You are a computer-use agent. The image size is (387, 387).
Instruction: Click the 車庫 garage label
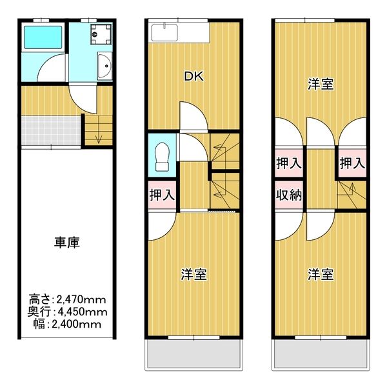(x=67, y=243)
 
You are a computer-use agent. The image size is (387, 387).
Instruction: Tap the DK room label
(x=194, y=76)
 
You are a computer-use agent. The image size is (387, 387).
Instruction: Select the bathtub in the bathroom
(x=43, y=37)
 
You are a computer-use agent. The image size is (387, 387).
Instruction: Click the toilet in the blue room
(x=162, y=157)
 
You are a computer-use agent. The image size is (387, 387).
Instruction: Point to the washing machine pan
(x=101, y=34)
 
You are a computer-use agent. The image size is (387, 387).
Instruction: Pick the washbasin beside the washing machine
(x=104, y=66)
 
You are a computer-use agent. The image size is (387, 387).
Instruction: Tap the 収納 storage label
(x=289, y=195)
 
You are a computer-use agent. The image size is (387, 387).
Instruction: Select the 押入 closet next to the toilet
(x=162, y=195)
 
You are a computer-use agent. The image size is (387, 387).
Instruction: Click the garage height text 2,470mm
(x=81, y=300)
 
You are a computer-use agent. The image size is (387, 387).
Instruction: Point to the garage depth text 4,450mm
(x=83, y=312)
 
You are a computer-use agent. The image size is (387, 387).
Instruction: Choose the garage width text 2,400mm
(x=76, y=324)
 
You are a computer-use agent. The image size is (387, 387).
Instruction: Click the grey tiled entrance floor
(x=51, y=130)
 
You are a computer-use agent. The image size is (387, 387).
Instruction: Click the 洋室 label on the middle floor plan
(x=194, y=274)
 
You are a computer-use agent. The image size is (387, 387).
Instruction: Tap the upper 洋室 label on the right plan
(x=321, y=84)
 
